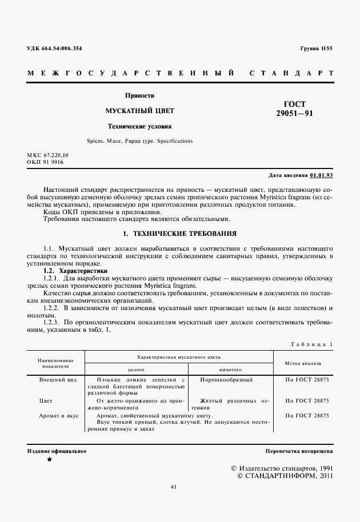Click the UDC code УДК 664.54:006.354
pyautogui.click(x=54, y=49)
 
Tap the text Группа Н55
pyautogui.click(x=316, y=49)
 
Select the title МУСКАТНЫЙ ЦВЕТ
pyautogui.click(x=140, y=110)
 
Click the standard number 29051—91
pyautogui.click(x=294, y=114)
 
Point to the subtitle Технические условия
pyautogui.click(x=140, y=126)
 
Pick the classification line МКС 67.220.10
pyautogui.click(x=47, y=155)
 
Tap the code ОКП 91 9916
pyautogui.click(x=45, y=162)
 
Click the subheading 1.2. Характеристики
pyautogui.click(x=75, y=271)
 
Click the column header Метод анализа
pyautogui.click(x=302, y=362)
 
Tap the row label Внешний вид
pyautogui.click(x=56, y=379)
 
